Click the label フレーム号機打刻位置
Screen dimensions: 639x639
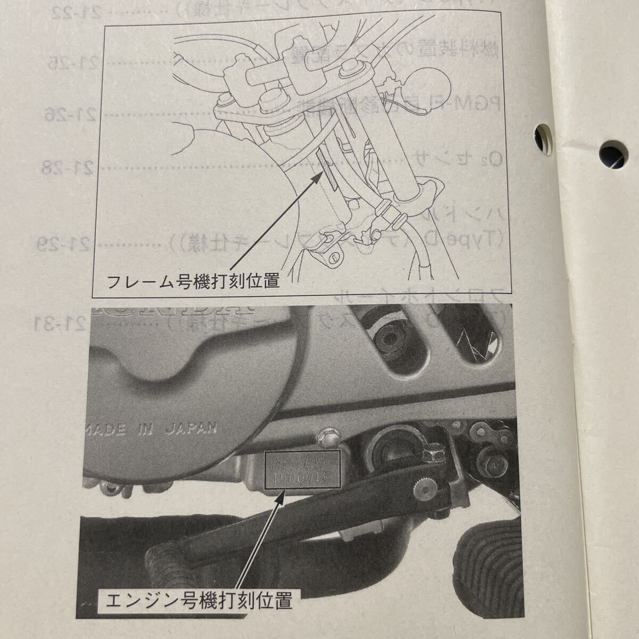pos(193,281)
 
